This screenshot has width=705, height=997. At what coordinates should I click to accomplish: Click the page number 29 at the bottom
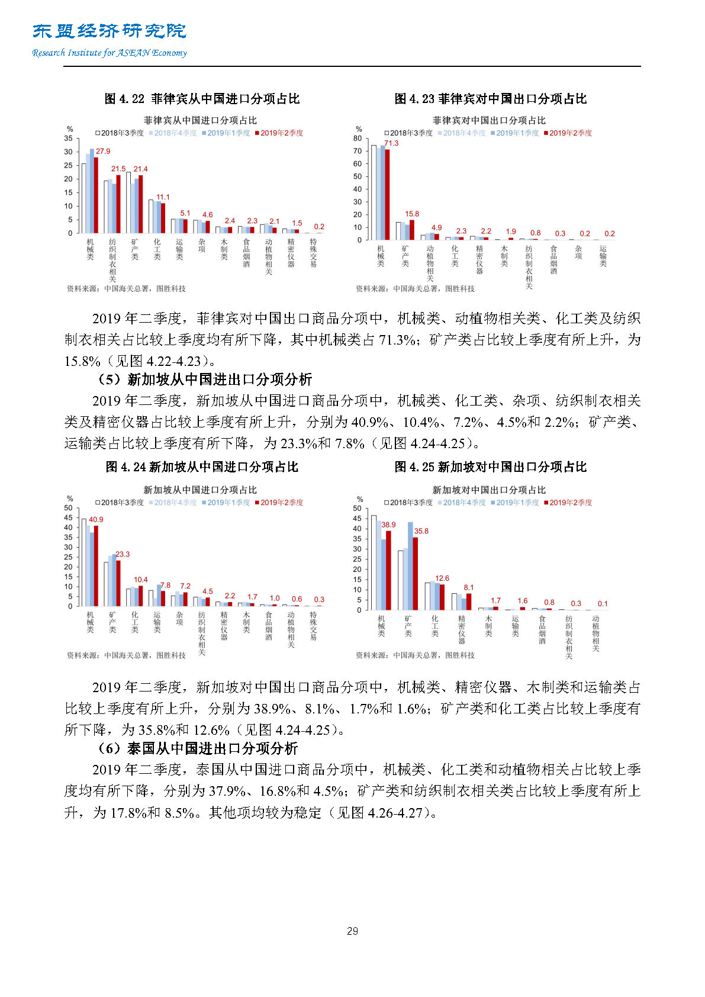[x=352, y=931]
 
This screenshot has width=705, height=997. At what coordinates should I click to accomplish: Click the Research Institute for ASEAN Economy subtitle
[x=110, y=53]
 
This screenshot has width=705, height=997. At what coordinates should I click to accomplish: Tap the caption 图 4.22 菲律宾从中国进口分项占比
[x=202, y=99]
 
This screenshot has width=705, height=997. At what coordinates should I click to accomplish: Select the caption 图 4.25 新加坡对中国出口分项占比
[x=490, y=467]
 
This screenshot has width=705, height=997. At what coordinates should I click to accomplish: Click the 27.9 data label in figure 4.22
[x=103, y=152]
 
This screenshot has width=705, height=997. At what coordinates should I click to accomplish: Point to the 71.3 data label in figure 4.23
[x=391, y=143]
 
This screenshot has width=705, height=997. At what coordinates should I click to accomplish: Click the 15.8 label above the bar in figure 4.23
[x=412, y=214]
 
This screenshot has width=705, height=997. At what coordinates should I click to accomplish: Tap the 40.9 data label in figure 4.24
[x=96, y=519]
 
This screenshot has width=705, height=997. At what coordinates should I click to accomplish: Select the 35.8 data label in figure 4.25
[x=421, y=531]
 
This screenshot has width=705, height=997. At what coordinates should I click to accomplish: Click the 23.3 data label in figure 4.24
[x=123, y=554]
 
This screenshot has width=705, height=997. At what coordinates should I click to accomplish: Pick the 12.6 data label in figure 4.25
[x=442, y=578]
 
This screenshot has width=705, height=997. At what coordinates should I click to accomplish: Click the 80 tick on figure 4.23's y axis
[x=358, y=139]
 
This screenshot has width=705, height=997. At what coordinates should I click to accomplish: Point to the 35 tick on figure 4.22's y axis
[x=69, y=139]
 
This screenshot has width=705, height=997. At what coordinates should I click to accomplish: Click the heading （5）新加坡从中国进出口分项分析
[x=205, y=379]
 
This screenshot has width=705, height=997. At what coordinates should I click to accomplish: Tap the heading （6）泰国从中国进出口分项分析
[x=198, y=748]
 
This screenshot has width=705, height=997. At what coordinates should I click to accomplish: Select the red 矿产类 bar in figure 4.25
[x=416, y=573]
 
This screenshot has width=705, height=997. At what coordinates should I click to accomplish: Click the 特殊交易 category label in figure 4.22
[x=313, y=253]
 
